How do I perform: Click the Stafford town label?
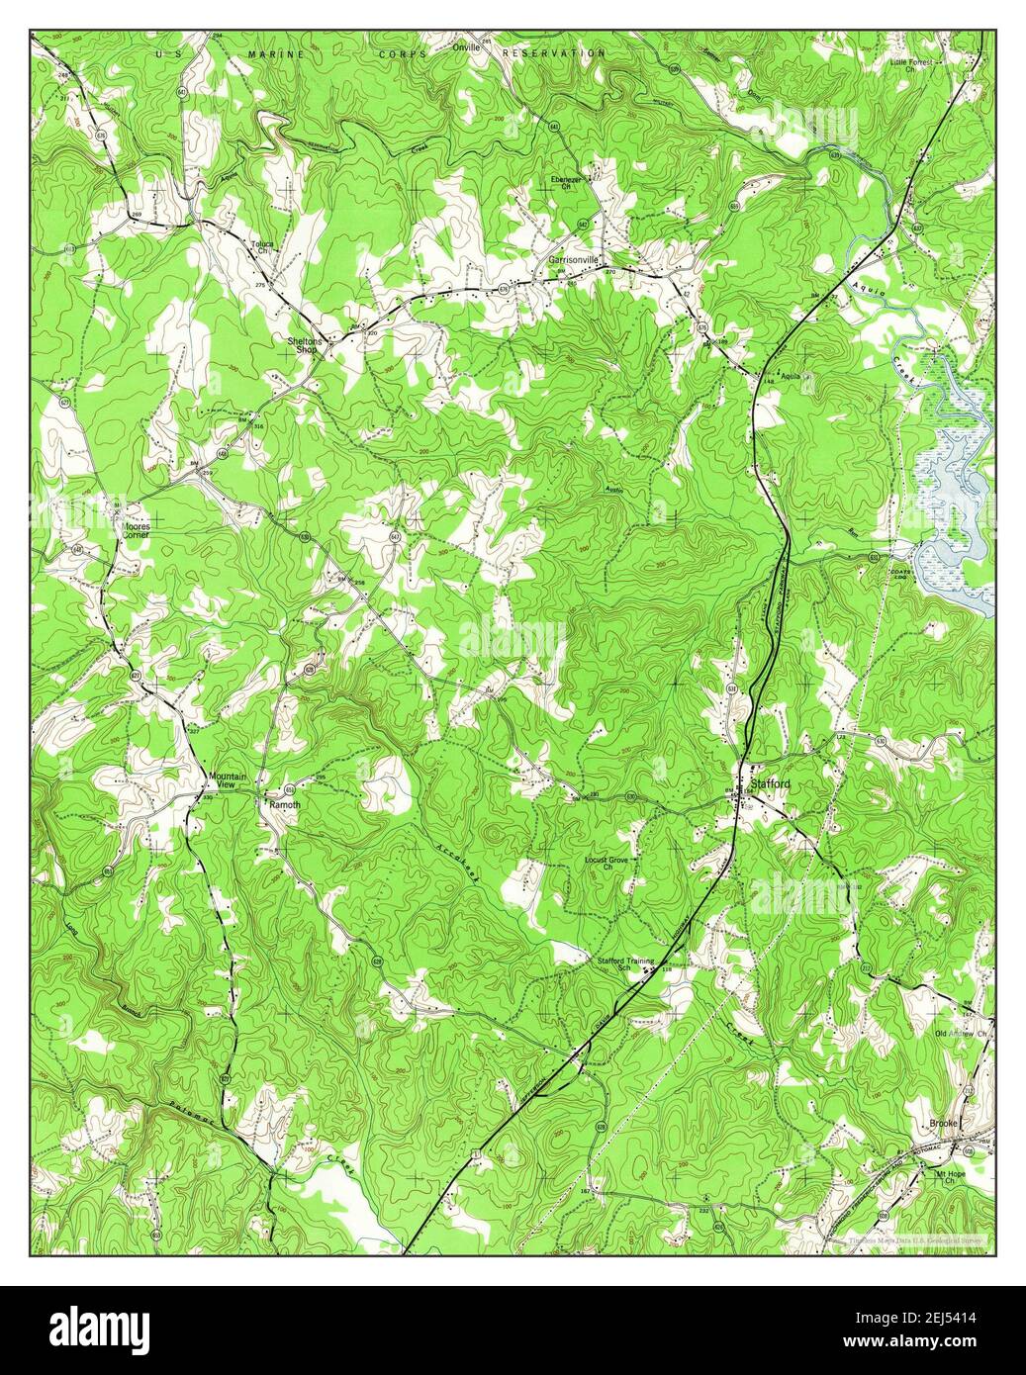(771, 783)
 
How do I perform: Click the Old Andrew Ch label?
(963, 1034)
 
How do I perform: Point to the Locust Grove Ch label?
(606, 864)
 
